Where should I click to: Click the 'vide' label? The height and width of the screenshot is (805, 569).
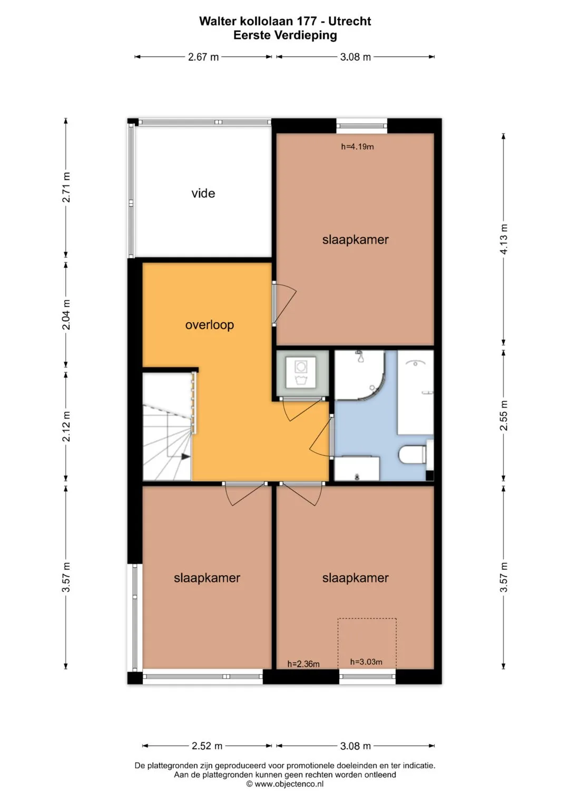[x=203, y=193]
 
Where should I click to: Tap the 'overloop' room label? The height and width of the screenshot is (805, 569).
[x=210, y=325]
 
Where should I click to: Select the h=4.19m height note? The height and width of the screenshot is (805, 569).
[x=357, y=147]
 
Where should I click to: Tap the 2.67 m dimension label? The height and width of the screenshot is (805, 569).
[x=203, y=57]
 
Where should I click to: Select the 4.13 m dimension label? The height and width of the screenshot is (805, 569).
[x=504, y=239]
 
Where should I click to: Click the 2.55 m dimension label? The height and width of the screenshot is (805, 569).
[x=504, y=415]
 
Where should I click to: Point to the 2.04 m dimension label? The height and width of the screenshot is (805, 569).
[x=66, y=314]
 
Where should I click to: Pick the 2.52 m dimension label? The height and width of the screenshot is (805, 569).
[x=207, y=746]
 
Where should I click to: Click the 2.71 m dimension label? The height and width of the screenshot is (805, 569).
[x=66, y=187]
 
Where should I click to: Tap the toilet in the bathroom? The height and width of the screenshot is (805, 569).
[x=413, y=454]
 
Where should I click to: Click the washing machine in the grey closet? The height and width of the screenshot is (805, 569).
[x=301, y=372]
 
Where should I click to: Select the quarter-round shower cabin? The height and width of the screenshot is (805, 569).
[x=360, y=375]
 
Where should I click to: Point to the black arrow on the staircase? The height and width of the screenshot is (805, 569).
[x=185, y=457]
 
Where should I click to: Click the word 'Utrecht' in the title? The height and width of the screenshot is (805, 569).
[x=349, y=22]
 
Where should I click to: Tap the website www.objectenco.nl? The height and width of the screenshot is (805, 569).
[x=289, y=784]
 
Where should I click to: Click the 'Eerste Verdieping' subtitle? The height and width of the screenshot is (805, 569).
[x=285, y=35]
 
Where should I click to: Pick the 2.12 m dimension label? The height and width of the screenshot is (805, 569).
[x=66, y=426]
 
